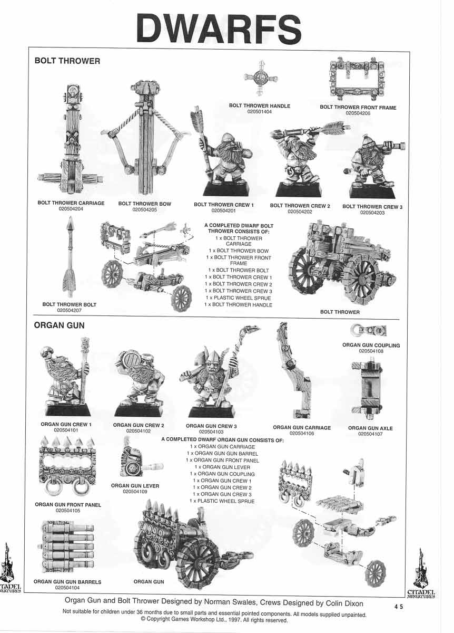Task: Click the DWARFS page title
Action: [219, 30]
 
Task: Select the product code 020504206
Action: [358, 113]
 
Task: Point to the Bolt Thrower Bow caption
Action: [144, 204]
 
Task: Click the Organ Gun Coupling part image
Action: [369, 330]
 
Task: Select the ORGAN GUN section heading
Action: [60, 325]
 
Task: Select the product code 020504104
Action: [67, 588]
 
